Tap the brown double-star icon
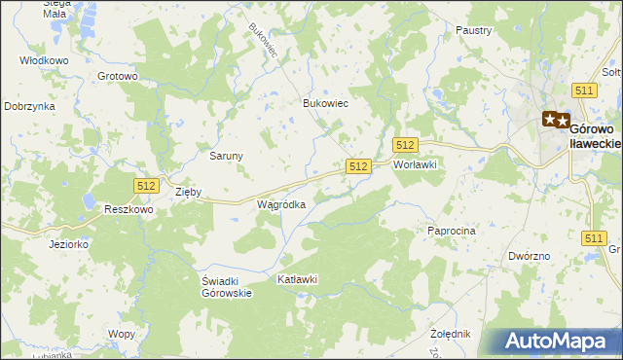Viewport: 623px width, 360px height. pos(556,120)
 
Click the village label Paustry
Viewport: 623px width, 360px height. pos(473,30)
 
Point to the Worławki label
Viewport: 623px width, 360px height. pos(415,164)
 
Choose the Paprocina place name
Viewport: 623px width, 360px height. pos(451,231)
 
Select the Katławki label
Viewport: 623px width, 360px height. pos(298,279)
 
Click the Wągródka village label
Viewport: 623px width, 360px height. pos(281,205)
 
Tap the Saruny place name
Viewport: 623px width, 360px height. pos(227,155)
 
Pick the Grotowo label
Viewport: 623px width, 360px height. pos(118,75)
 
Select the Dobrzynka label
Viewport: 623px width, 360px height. pos(28,106)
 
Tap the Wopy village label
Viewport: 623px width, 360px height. pos(122,334)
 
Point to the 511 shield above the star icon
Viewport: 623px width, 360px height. pos(584,90)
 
